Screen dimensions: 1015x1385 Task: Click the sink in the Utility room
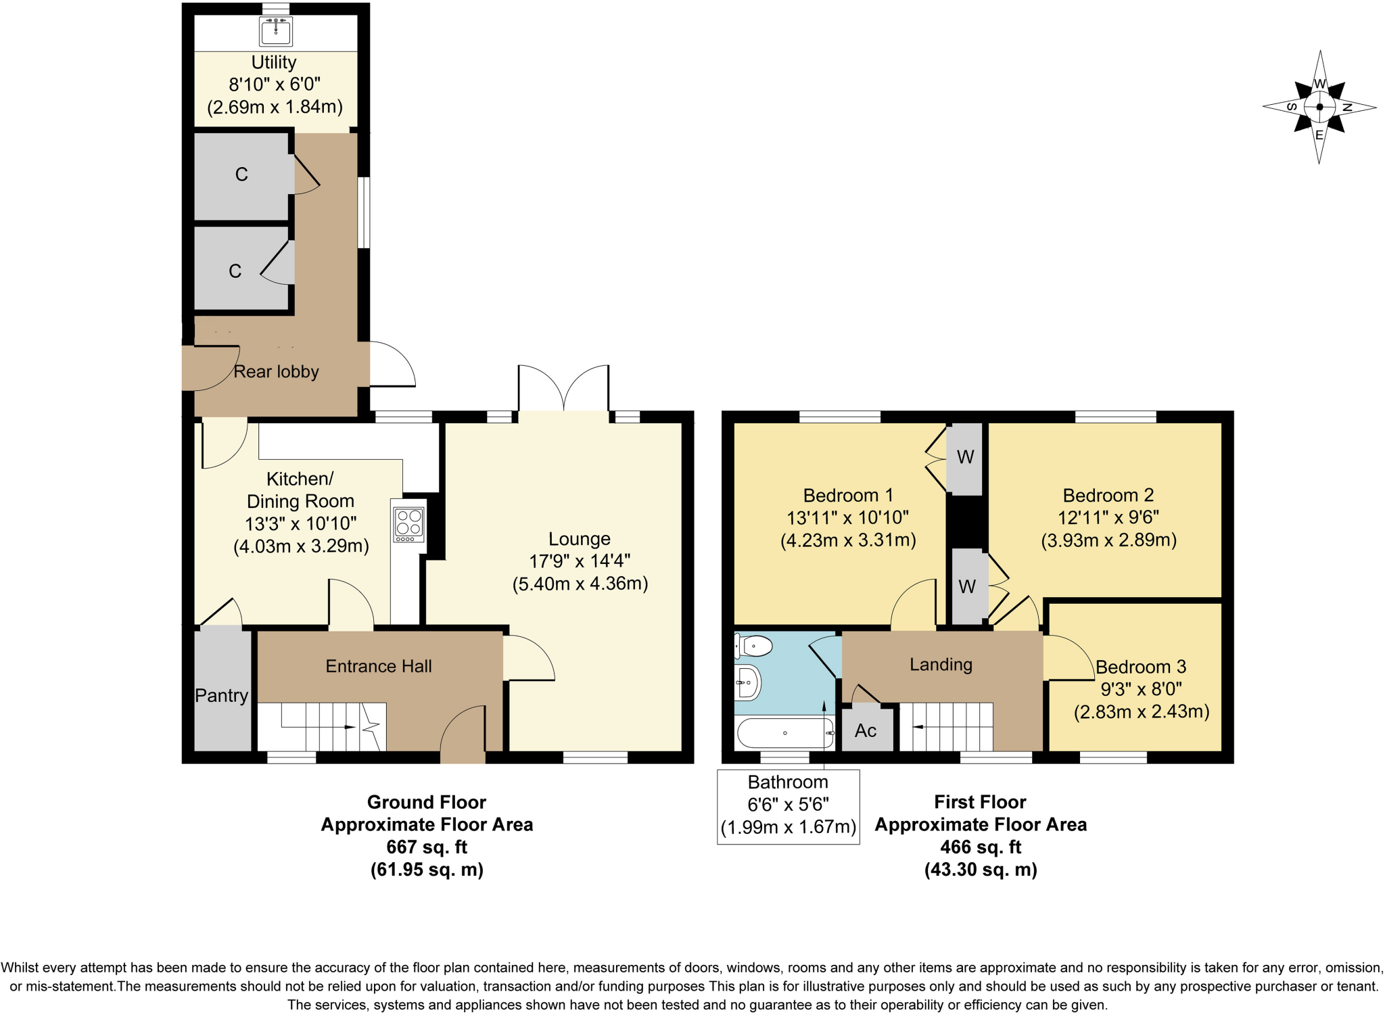275,31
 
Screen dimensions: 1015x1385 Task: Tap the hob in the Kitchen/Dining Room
409,524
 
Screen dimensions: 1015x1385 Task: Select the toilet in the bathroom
755,646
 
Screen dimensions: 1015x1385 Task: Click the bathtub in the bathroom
785,733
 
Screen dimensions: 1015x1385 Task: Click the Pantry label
221,695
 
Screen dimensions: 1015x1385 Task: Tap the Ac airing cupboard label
866,730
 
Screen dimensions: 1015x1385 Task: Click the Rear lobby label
276,371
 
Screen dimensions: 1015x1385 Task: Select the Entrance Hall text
378,666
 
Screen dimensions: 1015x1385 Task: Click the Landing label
941,664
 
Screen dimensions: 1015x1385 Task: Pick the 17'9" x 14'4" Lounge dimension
580,561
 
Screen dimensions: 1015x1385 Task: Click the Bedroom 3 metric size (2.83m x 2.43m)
1141,711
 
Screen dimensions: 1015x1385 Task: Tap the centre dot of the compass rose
1319,107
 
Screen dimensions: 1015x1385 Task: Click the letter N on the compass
1346,108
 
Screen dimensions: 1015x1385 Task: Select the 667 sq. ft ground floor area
427,847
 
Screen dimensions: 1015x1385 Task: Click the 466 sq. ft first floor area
981,847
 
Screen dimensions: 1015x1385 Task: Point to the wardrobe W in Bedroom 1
965,457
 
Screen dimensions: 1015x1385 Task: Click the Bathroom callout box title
788,782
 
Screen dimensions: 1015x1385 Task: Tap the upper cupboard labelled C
241,174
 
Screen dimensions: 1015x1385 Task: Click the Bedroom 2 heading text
1108,495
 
